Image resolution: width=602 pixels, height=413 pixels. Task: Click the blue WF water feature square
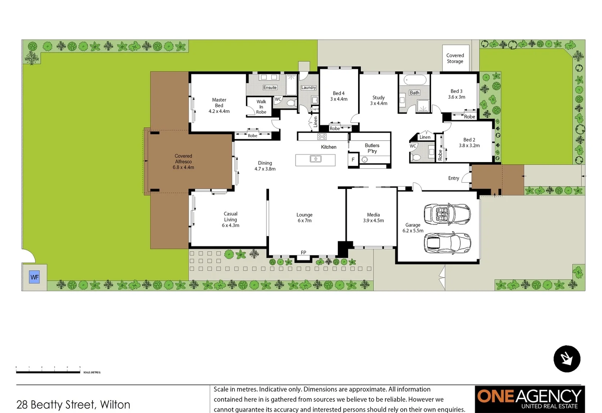[x=34, y=277]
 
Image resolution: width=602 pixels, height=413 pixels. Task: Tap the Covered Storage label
[x=455, y=59]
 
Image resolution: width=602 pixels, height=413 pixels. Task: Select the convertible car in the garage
[x=447, y=214]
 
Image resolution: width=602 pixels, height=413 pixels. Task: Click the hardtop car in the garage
[x=447, y=243]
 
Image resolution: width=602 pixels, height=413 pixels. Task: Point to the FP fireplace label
[x=303, y=252]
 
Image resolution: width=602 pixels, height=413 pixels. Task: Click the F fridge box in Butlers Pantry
[x=353, y=160]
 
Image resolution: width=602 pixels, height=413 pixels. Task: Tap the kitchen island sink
[x=315, y=159]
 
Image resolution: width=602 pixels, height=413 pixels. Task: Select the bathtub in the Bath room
[x=415, y=80]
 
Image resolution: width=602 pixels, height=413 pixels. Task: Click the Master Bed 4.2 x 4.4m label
[x=219, y=106]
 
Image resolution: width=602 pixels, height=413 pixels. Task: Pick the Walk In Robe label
[x=261, y=107]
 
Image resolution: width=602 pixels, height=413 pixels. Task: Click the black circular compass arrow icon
[x=567, y=359]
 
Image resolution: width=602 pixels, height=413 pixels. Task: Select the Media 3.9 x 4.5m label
[x=373, y=218]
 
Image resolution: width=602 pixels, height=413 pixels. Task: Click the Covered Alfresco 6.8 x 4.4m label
[x=183, y=162]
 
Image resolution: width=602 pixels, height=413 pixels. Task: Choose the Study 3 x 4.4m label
[x=378, y=100]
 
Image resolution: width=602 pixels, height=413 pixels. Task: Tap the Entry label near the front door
[x=454, y=178]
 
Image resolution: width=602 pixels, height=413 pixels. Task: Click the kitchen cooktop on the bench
[x=322, y=137]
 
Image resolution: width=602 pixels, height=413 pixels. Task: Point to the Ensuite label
[x=270, y=88]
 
